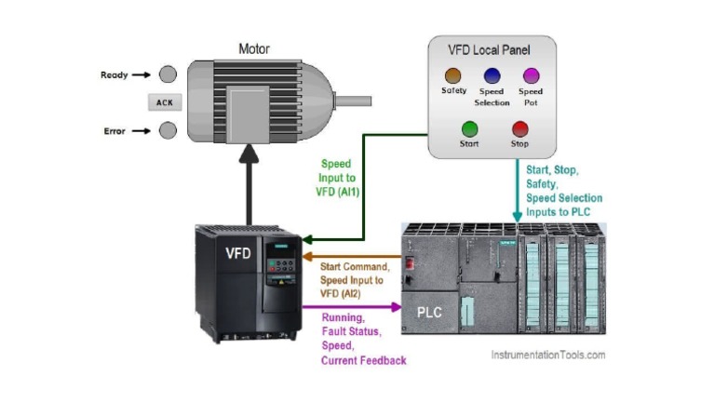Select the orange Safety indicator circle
(453, 75)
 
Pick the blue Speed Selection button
(492, 75)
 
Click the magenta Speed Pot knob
(531, 75)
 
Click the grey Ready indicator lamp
(168, 74)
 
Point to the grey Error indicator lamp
(168, 130)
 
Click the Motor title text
(254, 48)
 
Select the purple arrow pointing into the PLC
(354, 306)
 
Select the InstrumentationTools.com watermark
(547, 355)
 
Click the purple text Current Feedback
(364, 360)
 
